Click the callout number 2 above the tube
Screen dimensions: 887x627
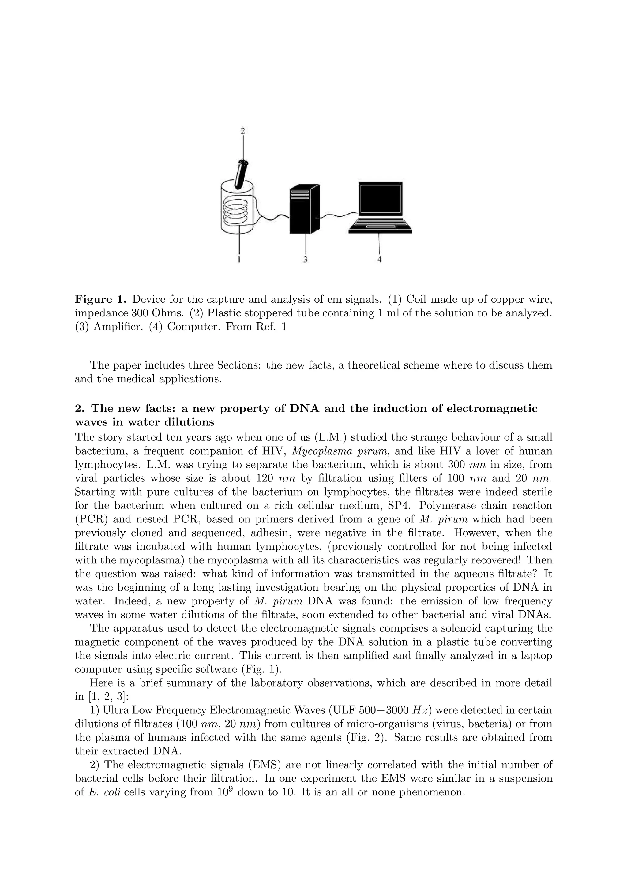click(x=242, y=131)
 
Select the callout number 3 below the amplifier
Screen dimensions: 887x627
click(x=305, y=260)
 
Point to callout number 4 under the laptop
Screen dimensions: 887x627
click(x=379, y=260)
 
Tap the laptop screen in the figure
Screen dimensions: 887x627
click(x=380, y=199)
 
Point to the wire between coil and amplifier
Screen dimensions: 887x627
click(x=272, y=218)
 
